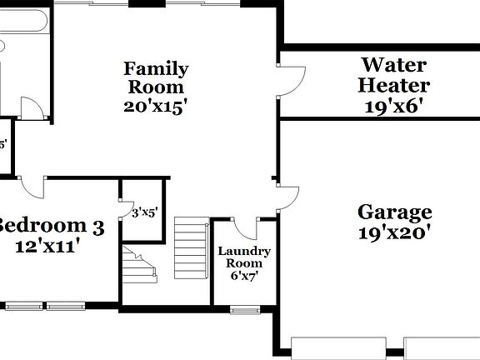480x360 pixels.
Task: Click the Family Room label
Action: (x=156, y=77)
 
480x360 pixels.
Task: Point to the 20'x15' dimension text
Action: (x=156, y=106)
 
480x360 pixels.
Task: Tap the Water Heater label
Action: (x=394, y=75)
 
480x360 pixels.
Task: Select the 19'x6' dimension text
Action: (x=394, y=106)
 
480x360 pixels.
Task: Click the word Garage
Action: (x=395, y=212)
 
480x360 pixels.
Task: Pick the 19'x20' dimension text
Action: (x=395, y=233)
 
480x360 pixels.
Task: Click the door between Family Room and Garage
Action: (x=288, y=197)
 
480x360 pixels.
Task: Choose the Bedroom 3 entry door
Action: (x=34, y=187)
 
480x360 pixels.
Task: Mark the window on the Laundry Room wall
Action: (x=244, y=310)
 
